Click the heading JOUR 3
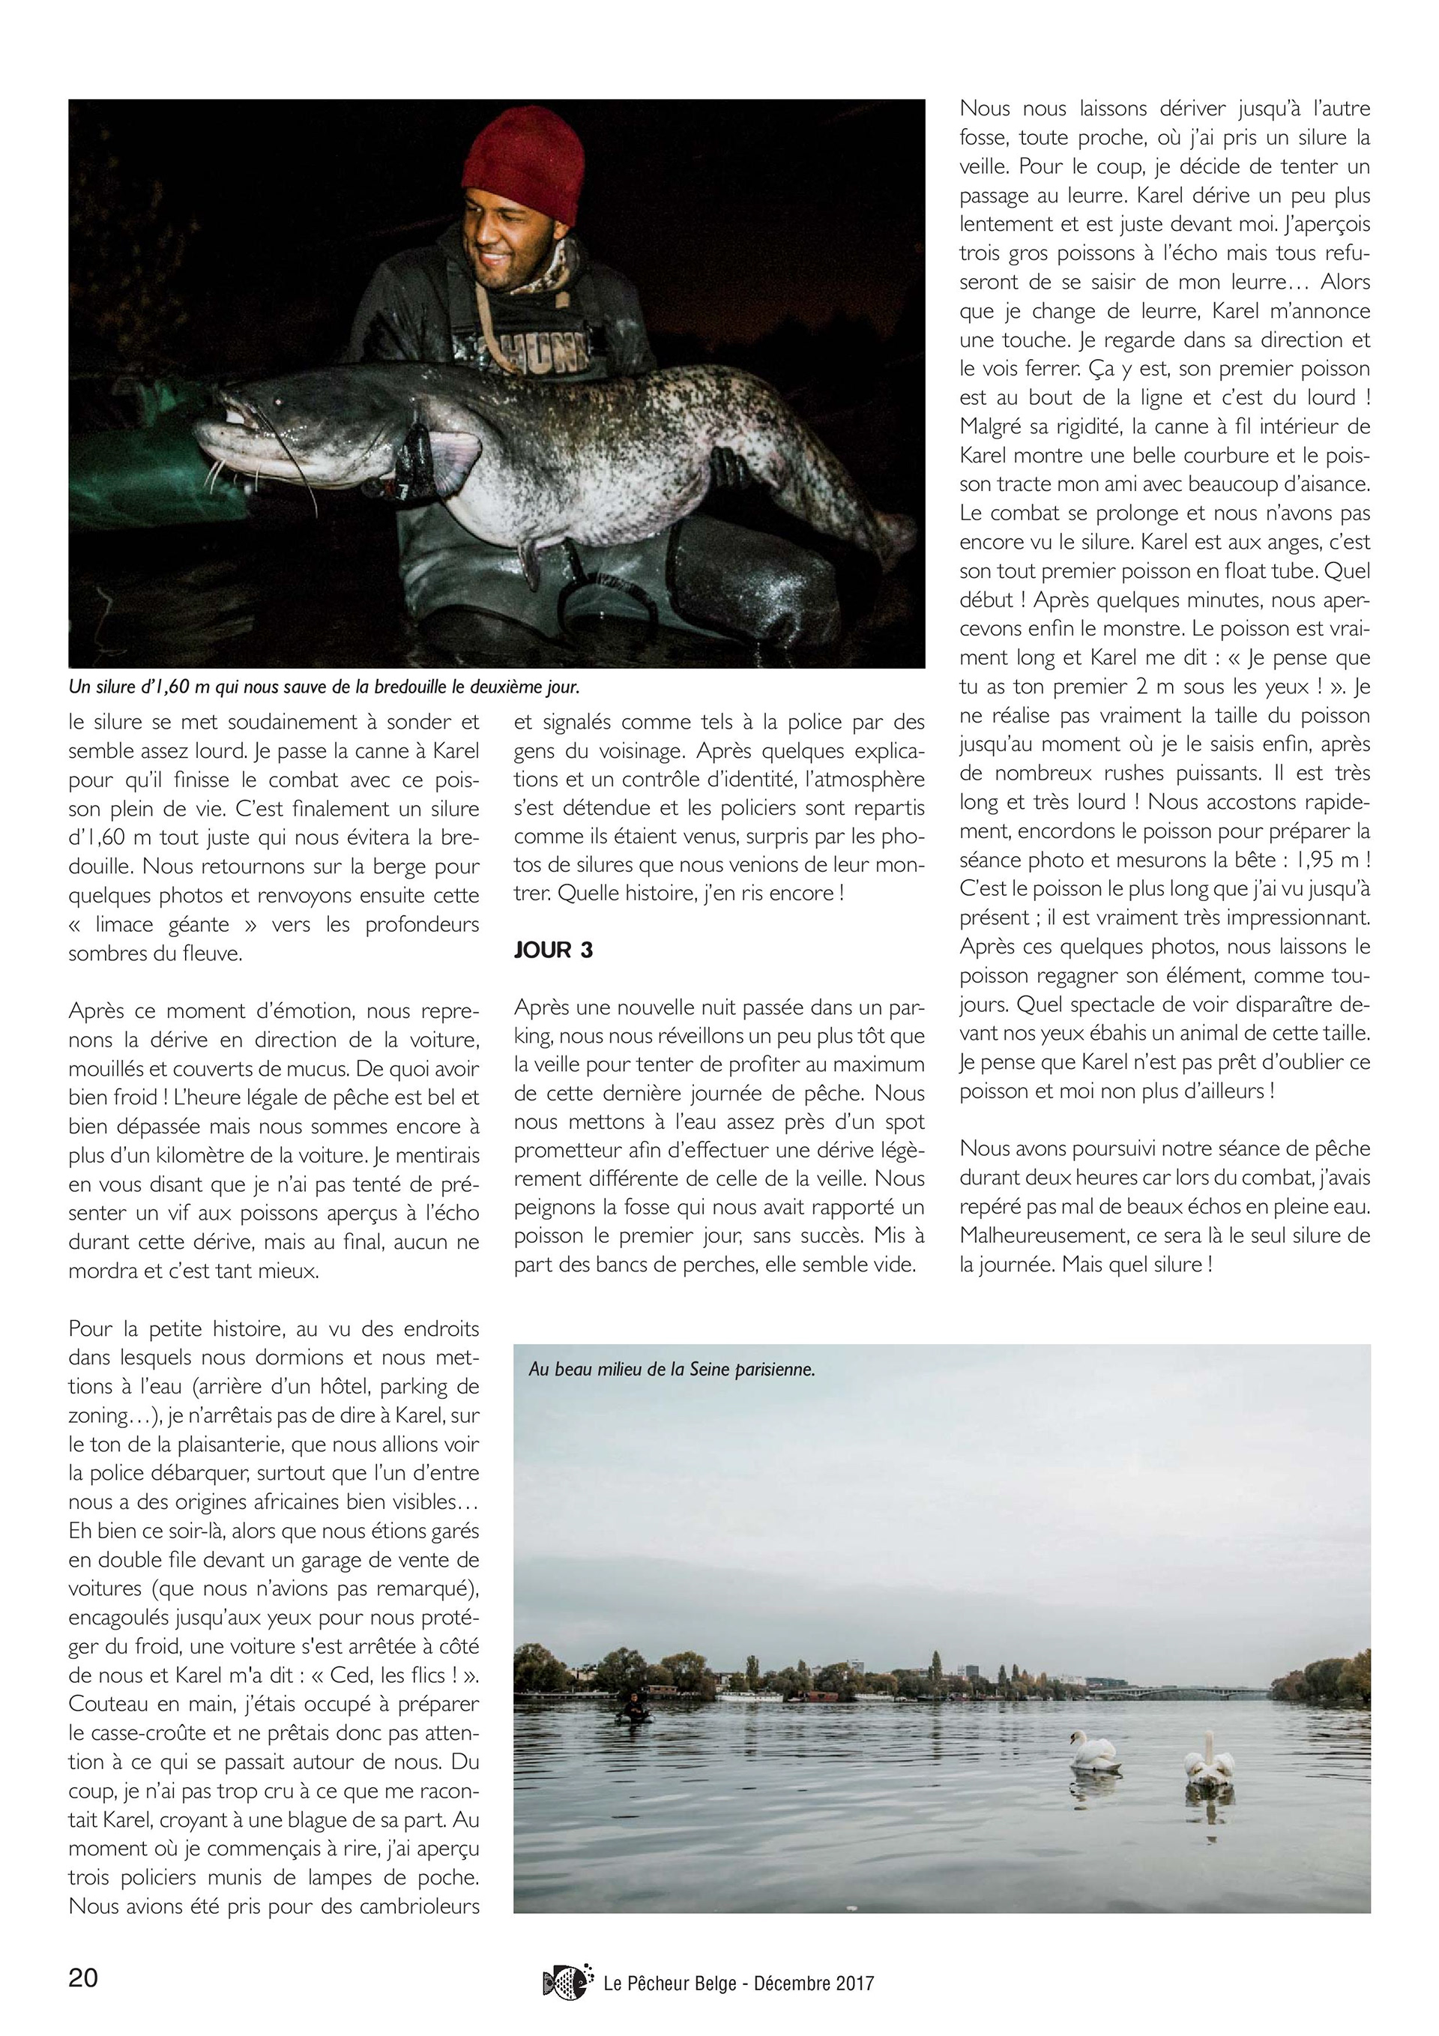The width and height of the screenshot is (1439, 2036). [x=553, y=950]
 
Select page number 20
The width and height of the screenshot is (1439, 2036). [x=84, y=1978]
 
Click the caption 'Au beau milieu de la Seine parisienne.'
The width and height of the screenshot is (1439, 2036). [x=672, y=1369]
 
